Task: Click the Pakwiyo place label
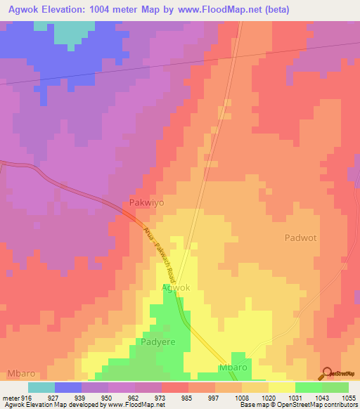pyautogui.click(x=148, y=202)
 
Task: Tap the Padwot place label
pyautogui.click(x=300, y=238)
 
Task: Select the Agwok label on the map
pyautogui.click(x=176, y=288)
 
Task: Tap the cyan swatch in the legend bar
pyautogui.click(x=41, y=387)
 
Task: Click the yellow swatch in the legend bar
pyautogui.click(x=282, y=387)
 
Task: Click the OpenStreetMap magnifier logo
pyautogui.click(x=327, y=373)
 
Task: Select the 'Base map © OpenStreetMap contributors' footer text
pyautogui.click(x=296, y=405)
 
